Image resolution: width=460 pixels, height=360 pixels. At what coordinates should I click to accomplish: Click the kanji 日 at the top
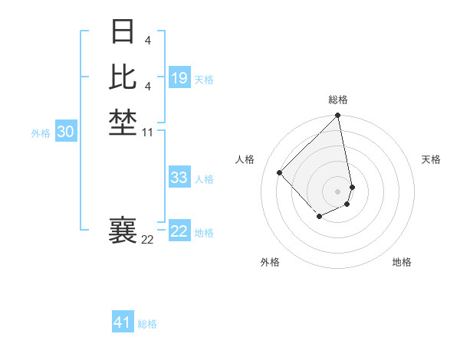coord(123,32)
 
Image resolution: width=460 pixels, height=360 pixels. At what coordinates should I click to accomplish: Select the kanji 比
coord(123,77)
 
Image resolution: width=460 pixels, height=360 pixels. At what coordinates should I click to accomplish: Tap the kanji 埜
coord(123,122)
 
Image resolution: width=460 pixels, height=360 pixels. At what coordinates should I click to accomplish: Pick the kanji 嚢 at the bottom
coord(123,230)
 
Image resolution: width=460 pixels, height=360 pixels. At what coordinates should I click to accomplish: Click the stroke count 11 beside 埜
coord(148,133)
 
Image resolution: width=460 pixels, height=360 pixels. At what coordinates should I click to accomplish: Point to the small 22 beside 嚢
coord(148,240)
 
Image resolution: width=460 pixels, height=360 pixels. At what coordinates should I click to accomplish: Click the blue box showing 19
coord(179,78)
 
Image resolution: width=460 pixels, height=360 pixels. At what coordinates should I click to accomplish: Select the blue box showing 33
coord(179,178)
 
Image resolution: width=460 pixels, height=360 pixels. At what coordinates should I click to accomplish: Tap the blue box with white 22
coord(179,231)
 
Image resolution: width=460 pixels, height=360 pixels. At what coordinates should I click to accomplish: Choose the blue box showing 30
coord(65,132)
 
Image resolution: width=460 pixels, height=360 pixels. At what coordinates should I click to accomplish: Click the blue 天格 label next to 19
coord(204,80)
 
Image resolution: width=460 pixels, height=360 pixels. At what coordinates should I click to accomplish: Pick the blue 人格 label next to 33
coord(204,179)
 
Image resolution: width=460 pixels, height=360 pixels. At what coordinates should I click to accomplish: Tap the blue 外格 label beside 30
coord(41,133)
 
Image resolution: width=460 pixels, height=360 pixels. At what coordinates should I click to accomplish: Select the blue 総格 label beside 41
coord(147,324)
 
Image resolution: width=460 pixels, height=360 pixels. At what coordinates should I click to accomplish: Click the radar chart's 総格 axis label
coord(338,100)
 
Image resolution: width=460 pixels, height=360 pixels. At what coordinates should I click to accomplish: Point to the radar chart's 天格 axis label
coord(431,159)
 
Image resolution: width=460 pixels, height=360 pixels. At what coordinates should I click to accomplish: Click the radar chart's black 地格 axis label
coord(402,262)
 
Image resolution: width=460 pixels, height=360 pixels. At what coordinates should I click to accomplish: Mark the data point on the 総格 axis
coord(338,116)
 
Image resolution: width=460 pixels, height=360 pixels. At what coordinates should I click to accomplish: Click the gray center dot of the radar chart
coord(338,191)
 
